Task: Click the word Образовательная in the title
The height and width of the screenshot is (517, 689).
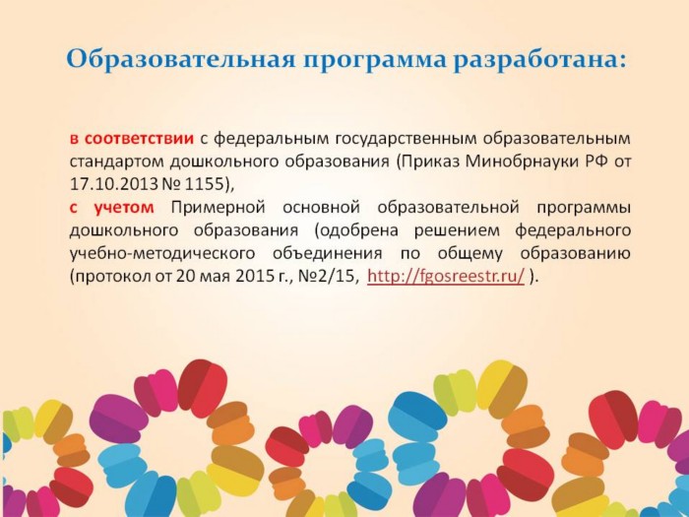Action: click(x=181, y=60)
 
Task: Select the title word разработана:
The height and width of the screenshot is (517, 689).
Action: click(x=539, y=60)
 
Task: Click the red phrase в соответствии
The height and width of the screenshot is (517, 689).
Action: click(x=132, y=139)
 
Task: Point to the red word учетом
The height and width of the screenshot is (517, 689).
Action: click(x=124, y=208)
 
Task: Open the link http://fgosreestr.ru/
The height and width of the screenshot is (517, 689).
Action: click(x=446, y=276)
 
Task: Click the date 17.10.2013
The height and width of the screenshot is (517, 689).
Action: click(x=113, y=184)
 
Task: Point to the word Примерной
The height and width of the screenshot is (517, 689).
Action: click(x=218, y=208)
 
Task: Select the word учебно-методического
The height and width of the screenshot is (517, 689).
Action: click(x=162, y=254)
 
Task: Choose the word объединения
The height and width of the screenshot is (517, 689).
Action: click(x=327, y=254)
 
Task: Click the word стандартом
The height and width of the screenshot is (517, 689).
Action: click(x=116, y=162)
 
